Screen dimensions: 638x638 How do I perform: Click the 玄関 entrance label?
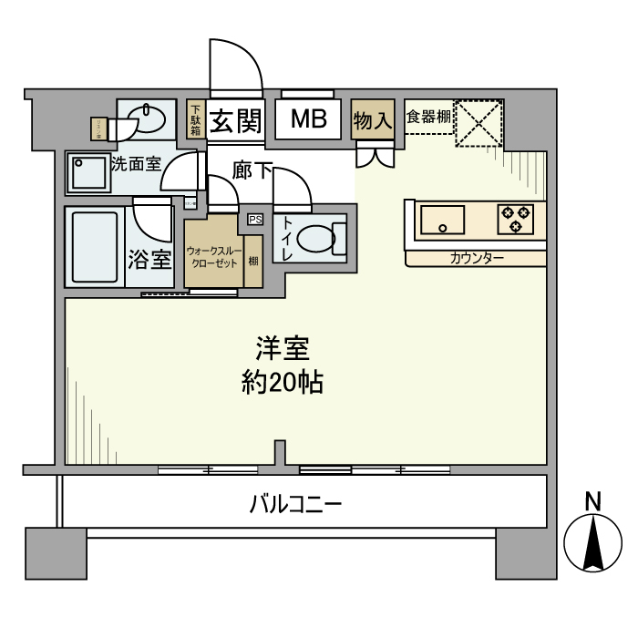click(x=236, y=121)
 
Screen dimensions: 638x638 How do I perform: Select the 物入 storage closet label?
click(x=373, y=120)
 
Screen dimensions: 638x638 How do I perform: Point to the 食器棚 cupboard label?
click(x=427, y=117)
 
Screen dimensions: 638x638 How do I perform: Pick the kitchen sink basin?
click(x=442, y=219)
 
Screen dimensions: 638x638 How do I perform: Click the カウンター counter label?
click(x=477, y=258)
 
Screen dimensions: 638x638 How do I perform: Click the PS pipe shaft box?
click(x=254, y=219)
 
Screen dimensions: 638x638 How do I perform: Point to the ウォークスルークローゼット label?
click(x=212, y=255)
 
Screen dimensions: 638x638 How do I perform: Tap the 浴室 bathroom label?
click(x=149, y=260)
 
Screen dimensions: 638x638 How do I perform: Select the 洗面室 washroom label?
click(x=136, y=165)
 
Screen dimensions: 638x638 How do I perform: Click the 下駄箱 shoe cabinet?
click(x=195, y=119)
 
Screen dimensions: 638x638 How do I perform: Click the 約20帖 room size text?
click(x=283, y=382)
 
